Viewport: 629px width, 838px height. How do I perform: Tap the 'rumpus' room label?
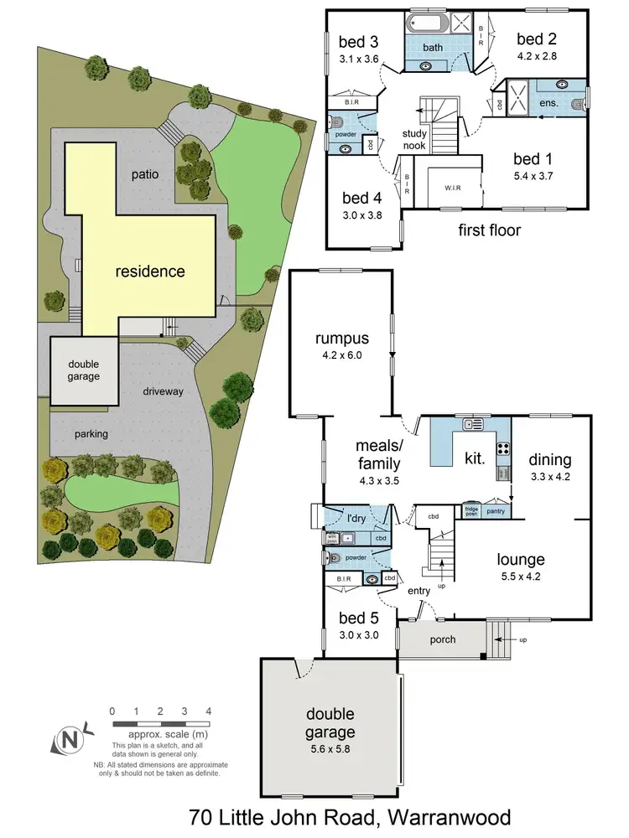click(x=341, y=339)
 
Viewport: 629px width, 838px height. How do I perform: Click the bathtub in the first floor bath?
click(x=429, y=23)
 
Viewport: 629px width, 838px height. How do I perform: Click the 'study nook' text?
click(x=414, y=139)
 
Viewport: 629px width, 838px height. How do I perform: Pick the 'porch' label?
click(x=442, y=639)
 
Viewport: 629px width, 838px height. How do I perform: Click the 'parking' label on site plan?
click(x=95, y=434)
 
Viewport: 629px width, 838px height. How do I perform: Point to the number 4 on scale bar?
click(x=208, y=711)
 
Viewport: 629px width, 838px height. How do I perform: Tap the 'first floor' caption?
click(x=489, y=230)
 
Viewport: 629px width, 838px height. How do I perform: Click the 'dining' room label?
click(x=549, y=459)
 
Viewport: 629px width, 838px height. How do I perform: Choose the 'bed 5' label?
click(x=358, y=618)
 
